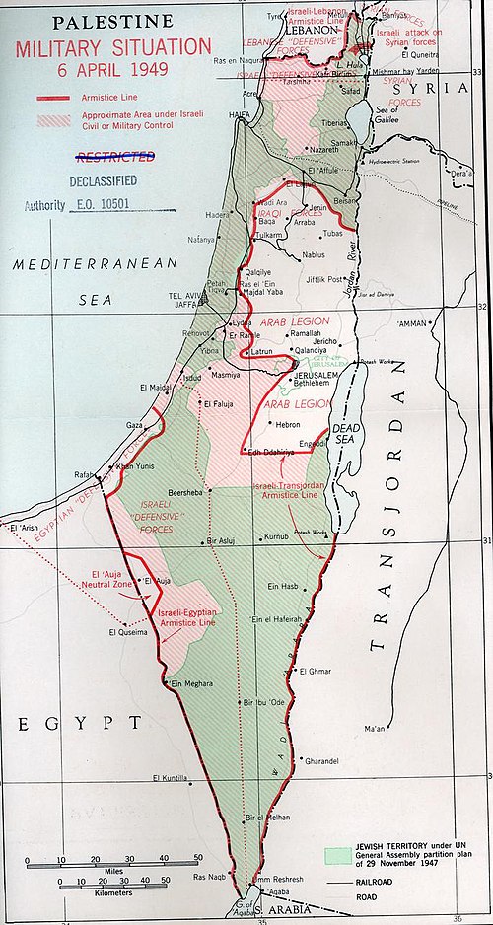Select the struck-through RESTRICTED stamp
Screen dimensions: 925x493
tap(115, 157)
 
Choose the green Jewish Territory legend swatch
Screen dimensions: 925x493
tap(341, 854)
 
